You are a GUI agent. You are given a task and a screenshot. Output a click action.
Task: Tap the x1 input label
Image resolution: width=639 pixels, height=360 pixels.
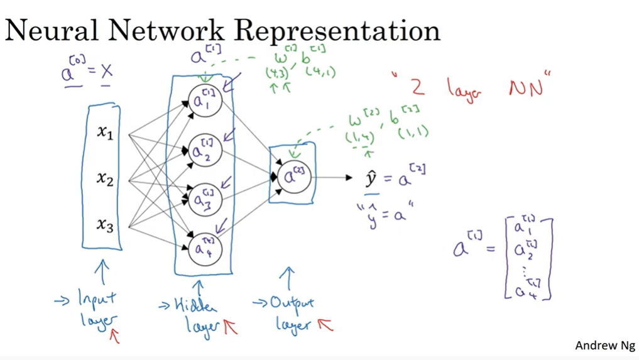pyautogui.click(x=105, y=132)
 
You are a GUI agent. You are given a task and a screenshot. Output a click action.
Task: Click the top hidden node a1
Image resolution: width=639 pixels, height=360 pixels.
pyautogui.click(x=205, y=101)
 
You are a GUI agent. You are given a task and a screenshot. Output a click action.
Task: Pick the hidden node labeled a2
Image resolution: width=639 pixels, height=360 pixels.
pyautogui.click(x=205, y=151)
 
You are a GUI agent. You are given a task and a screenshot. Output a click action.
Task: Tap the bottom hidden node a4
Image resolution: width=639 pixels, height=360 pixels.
pyautogui.click(x=205, y=247)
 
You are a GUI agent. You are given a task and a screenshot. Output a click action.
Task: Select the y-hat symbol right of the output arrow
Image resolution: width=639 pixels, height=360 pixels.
pyautogui.click(x=371, y=178)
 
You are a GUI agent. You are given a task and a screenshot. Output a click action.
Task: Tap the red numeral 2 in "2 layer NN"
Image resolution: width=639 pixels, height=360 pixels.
pyautogui.click(x=417, y=87)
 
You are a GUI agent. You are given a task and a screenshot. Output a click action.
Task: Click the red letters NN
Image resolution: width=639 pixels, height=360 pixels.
pyautogui.click(x=526, y=89)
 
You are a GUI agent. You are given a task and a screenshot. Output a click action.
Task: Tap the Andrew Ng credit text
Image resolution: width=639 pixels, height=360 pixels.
pyautogui.click(x=604, y=346)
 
